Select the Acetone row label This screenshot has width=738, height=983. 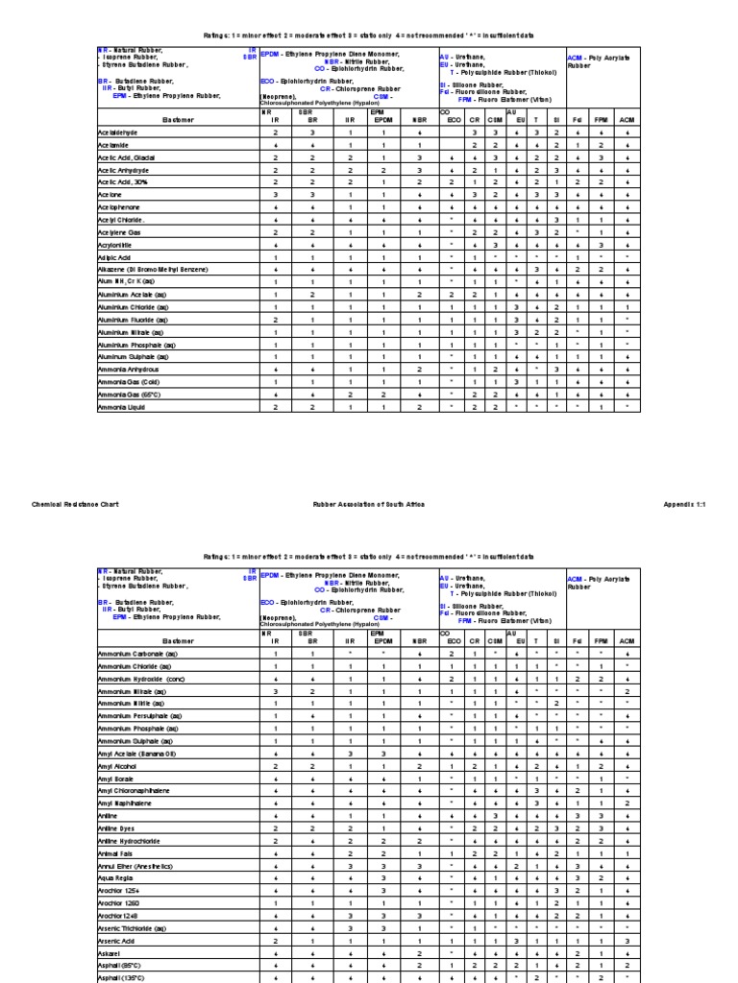coord(111,195)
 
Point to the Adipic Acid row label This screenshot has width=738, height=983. coord(114,257)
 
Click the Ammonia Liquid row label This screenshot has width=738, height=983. coord(119,407)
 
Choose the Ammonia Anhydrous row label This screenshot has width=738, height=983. coord(128,369)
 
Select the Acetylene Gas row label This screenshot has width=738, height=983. coord(119,232)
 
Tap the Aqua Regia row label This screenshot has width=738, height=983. coord(114,878)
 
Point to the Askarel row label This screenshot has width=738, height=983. coord(110,952)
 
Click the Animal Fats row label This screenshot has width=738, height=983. coord(116,852)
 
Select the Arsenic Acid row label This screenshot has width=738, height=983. coord(116,941)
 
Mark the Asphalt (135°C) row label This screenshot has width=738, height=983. coord(121,977)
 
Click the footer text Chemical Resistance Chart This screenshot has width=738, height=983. coord(76,503)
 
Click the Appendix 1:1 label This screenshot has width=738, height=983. coord(684,503)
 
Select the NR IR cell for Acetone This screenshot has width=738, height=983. coord(275,195)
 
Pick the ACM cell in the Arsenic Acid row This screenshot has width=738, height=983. coord(627,941)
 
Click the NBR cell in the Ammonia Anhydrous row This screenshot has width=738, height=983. coord(419,369)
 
